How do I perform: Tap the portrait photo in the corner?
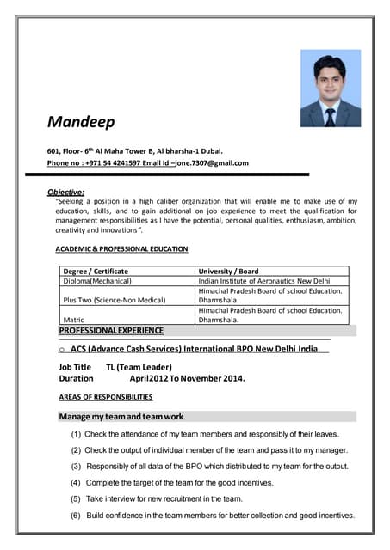pyautogui.click(x=330, y=89)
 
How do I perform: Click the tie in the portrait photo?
pyautogui.click(x=330, y=116)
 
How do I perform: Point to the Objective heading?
pyautogui.click(x=65, y=191)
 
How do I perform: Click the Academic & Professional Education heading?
pyautogui.click(x=121, y=248)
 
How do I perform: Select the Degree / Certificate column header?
pyautogui.click(x=96, y=271)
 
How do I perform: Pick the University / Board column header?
pyautogui.click(x=228, y=271)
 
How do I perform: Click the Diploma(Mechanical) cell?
pyautogui.click(x=97, y=281)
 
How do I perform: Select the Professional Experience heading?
pyautogui.click(x=111, y=330)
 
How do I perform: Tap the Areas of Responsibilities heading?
pyautogui.click(x=105, y=397)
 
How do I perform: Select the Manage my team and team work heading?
pyautogui.click(x=121, y=416)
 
